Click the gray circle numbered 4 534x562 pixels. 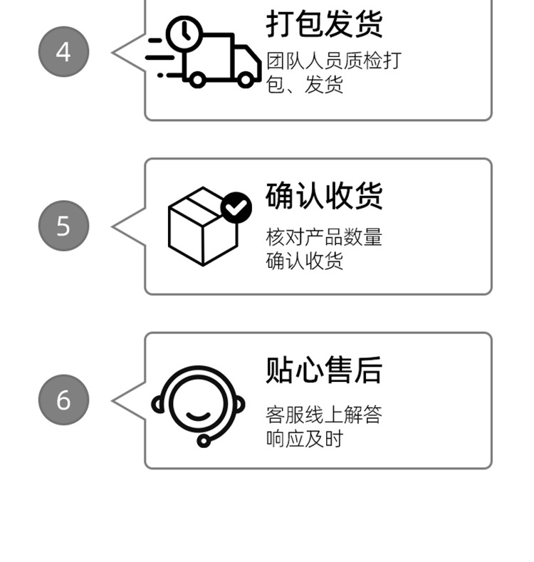pos(63,52)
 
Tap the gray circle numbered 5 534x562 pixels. pos(63,226)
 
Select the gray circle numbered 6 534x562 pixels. pos(63,400)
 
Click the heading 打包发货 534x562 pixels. pos(324,24)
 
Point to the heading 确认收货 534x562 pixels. pos(324,196)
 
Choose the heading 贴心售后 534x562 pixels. pos(324,370)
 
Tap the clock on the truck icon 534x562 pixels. pos(184,32)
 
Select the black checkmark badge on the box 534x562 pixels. pos(236,207)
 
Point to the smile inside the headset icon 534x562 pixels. pos(198,415)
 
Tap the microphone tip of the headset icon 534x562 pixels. pos(204,441)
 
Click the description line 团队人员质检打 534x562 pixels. pos(333,61)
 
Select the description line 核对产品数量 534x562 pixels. pos(324,236)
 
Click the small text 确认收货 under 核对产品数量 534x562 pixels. pos(305,261)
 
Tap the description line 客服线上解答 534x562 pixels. pos(324,414)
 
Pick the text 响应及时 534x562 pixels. pos(305,439)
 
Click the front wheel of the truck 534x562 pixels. pos(246,79)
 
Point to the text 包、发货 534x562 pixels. pos(305,85)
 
